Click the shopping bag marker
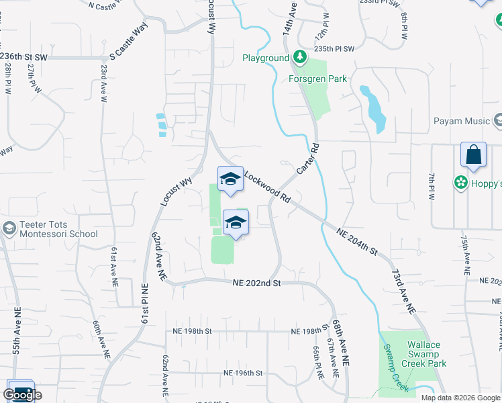(473, 154)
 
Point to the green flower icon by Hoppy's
(461, 182)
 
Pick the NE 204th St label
(357, 240)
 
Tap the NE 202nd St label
(256, 283)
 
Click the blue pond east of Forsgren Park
(374, 109)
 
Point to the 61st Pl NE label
(144, 304)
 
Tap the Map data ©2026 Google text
(460, 398)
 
